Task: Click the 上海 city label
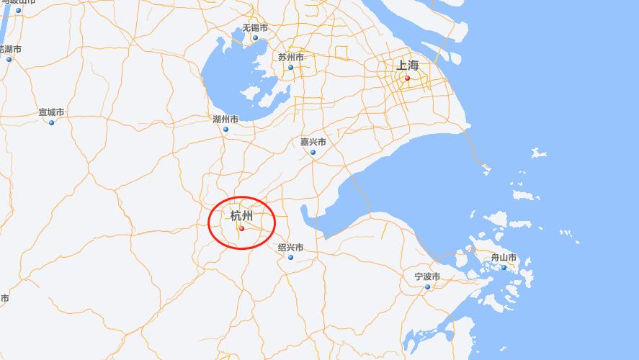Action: tap(407, 66)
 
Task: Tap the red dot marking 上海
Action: tap(407, 78)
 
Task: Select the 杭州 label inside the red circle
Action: tap(241, 216)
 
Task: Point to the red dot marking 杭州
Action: tap(241, 229)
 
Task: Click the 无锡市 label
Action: tap(255, 28)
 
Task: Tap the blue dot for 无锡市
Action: tap(255, 37)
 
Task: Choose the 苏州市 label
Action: tap(291, 58)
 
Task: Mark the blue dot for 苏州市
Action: tap(291, 68)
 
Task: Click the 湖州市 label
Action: tap(225, 120)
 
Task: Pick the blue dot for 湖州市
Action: tap(225, 130)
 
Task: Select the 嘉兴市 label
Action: tap(313, 142)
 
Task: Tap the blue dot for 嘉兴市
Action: tap(313, 152)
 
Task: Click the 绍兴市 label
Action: tap(290, 248)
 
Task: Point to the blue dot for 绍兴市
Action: tap(290, 257)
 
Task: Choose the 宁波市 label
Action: tap(427, 276)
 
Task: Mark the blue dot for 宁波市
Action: tap(427, 287)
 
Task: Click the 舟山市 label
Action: tap(504, 258)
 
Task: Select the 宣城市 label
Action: tap(51, 112)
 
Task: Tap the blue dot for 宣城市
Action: tap(51, 122)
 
